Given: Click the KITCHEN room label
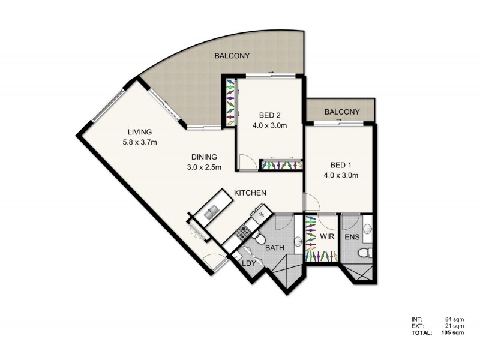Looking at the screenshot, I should tap(250, 193).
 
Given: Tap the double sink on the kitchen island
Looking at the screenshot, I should tap(211, 212).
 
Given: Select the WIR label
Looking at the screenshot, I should tap(326, 238).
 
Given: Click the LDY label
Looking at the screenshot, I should tap(249, 262).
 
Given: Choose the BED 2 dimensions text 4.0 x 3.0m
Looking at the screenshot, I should tap(269, 125).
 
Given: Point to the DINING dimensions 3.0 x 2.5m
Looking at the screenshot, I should tap(204, 167).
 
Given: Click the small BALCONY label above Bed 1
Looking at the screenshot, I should tap(342, 112).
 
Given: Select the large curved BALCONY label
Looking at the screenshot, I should tap(232, 56).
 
